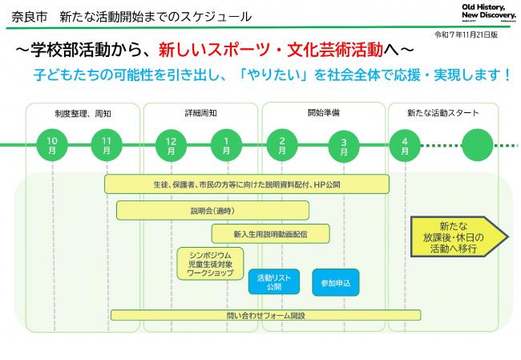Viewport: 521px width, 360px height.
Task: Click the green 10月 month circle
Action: point(52,145)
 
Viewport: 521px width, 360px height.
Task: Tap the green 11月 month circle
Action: point(107,145)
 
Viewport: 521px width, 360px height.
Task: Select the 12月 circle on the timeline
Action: point(172,145)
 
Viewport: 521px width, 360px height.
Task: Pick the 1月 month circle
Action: point(226,145)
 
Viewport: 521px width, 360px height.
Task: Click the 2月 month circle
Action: point(283,145)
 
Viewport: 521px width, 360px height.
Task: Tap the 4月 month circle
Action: point(405,145)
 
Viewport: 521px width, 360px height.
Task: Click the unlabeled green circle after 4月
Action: point(479,145)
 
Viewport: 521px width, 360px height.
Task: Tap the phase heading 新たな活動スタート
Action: point(442,114)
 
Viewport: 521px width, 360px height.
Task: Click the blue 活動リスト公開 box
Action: point(274,281)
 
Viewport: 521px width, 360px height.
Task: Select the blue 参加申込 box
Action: point(336,281)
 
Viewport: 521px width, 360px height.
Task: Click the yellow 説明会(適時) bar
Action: point(212,210)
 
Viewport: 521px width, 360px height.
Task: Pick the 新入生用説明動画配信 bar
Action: point(270,233)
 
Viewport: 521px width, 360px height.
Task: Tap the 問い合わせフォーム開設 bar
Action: point(266,315)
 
